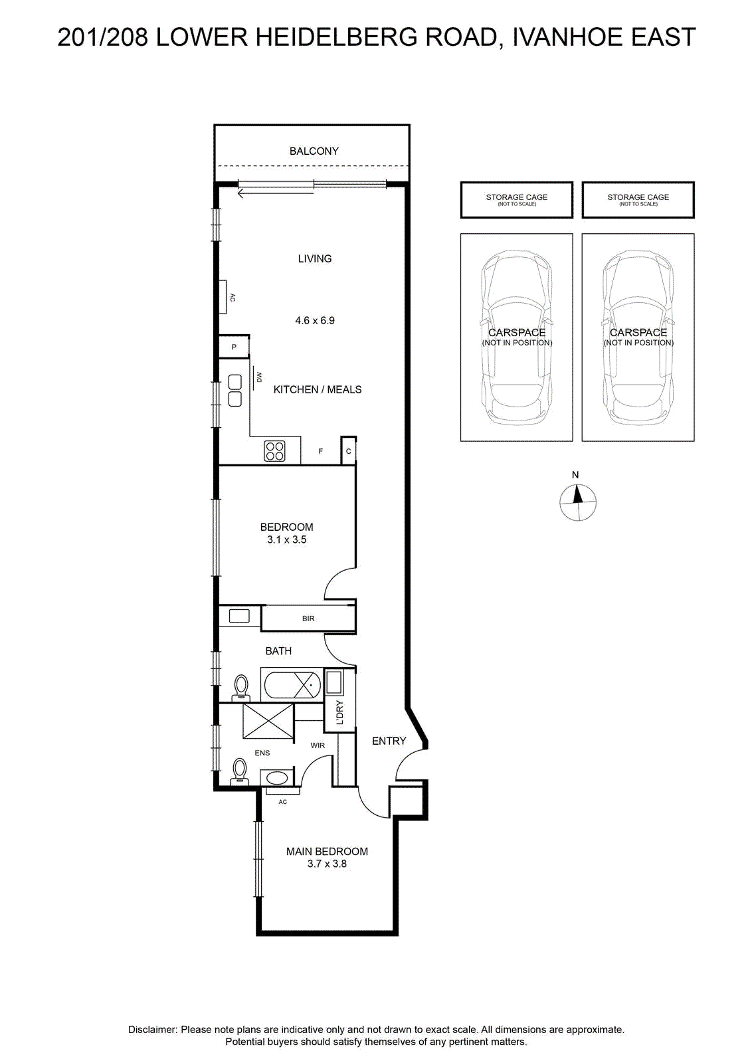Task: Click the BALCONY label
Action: coord(314,151)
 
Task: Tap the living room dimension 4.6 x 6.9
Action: coord(315,320)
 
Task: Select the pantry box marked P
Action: coord(234,347)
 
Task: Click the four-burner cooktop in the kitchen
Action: coord(275,451)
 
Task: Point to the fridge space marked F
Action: coord(321,451)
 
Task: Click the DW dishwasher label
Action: coord(259,378)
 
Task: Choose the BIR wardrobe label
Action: coord(308,619)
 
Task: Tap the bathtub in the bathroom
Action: coord(292,685)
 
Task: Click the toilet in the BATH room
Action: coord(241,688)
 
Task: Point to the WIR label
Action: coord(318,745)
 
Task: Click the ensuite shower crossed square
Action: coord(268,721)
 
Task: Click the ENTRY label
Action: coord(389,741)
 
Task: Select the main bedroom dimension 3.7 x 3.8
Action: coord(327,864)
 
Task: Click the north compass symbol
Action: coord(578,502)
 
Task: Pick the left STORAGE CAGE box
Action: coord(517,200)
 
